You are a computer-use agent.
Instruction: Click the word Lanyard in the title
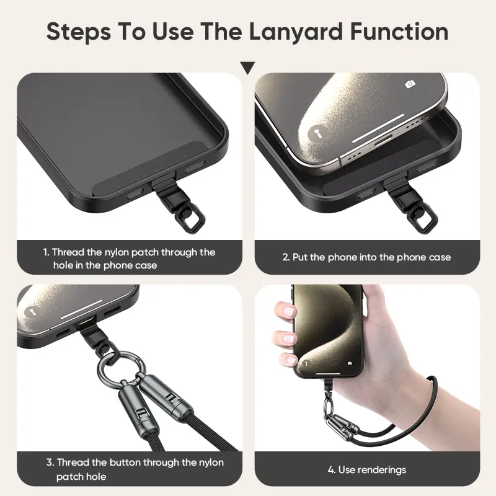[x=296, y=32]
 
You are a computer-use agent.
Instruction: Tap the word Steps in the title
[x=79, y=32]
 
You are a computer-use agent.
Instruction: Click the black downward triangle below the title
[x=247, y=68]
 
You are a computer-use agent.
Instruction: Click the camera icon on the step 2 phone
[x=410, y=84]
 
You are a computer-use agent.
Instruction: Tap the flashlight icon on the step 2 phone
[x=318, y=133]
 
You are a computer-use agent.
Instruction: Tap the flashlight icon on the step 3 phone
[x=33, y=312]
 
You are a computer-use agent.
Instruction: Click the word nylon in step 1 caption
[x=116, y=252]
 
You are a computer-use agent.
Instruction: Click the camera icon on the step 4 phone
[x=350, y=363]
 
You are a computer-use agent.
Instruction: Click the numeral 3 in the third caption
[x=49, y=462]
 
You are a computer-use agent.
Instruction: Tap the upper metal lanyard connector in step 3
[x=165, y=396]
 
